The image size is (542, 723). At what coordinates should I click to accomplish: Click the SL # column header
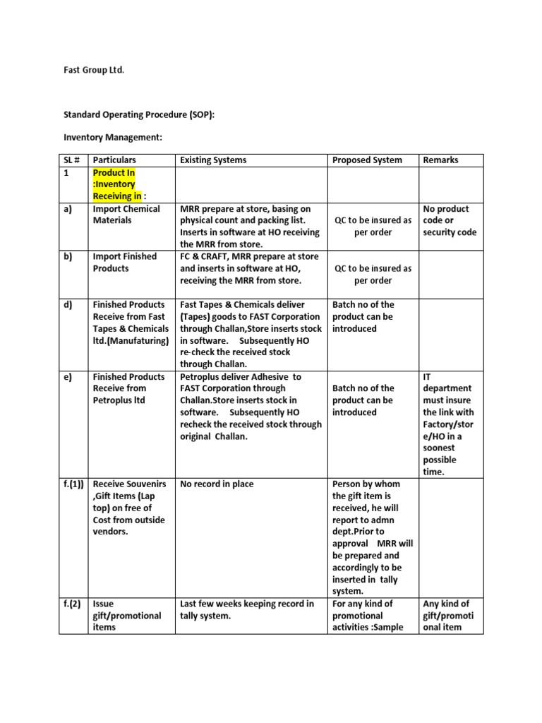(72, 160)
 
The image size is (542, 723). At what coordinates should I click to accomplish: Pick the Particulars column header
(114, 160)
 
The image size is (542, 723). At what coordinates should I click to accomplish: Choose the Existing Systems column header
(213, 160)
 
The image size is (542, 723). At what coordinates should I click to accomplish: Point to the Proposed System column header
(367, 160)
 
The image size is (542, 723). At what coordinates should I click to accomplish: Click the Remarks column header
(440, 160)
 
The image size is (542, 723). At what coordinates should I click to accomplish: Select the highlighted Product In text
(114, 172)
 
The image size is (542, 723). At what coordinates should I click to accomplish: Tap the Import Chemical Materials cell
(126, 215)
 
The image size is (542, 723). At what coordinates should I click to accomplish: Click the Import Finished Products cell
(125, 263)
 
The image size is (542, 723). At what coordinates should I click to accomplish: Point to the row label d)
(68, 305)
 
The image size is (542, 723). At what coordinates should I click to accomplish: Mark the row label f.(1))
(73, 484)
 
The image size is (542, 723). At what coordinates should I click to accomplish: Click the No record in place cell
(217, 484)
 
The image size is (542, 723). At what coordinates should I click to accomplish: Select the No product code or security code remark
(450, 220)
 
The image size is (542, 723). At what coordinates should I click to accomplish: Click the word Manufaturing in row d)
(140, 341)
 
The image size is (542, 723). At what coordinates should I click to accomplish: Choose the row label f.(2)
(71, 604)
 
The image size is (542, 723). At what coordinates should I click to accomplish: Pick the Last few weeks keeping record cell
(246, 610)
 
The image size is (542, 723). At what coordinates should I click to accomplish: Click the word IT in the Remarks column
(426, 376)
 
